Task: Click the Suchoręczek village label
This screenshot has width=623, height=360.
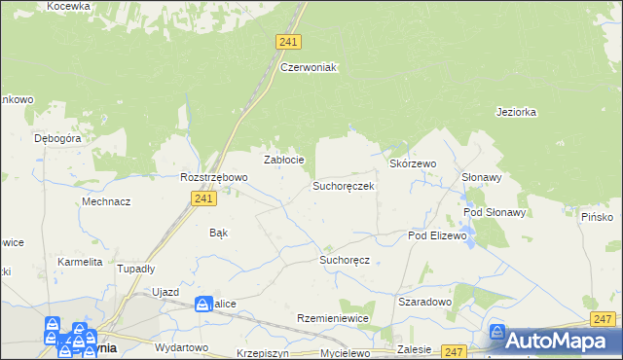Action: tap(343, 185)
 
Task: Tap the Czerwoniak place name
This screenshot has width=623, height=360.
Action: tap(308, 67)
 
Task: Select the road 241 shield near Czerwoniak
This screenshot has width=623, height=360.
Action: tap(288, 42)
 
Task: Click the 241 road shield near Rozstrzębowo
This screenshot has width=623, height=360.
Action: tap(202, 198)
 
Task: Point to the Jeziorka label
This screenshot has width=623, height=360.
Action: tap(516, 112)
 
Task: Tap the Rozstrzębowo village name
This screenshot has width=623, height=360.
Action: tap(214, 177)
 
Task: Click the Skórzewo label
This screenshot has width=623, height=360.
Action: tap(413, 164)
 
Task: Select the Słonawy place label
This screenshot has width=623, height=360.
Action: tap(481, 177)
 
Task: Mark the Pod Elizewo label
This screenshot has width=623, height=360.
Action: tap(438, 236)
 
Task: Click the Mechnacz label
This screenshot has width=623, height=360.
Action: tap(107, 201)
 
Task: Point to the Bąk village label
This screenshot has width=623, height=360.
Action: tap(219, 233)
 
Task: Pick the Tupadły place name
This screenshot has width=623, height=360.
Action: tap(136, 269)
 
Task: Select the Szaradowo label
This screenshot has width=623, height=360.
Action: tap(424, 302)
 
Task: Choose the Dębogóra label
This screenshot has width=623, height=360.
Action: tap(57, 138)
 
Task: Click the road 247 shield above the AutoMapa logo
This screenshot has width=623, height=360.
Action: tap(603, 318)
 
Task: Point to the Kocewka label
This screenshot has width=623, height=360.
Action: tap(68, 6)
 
